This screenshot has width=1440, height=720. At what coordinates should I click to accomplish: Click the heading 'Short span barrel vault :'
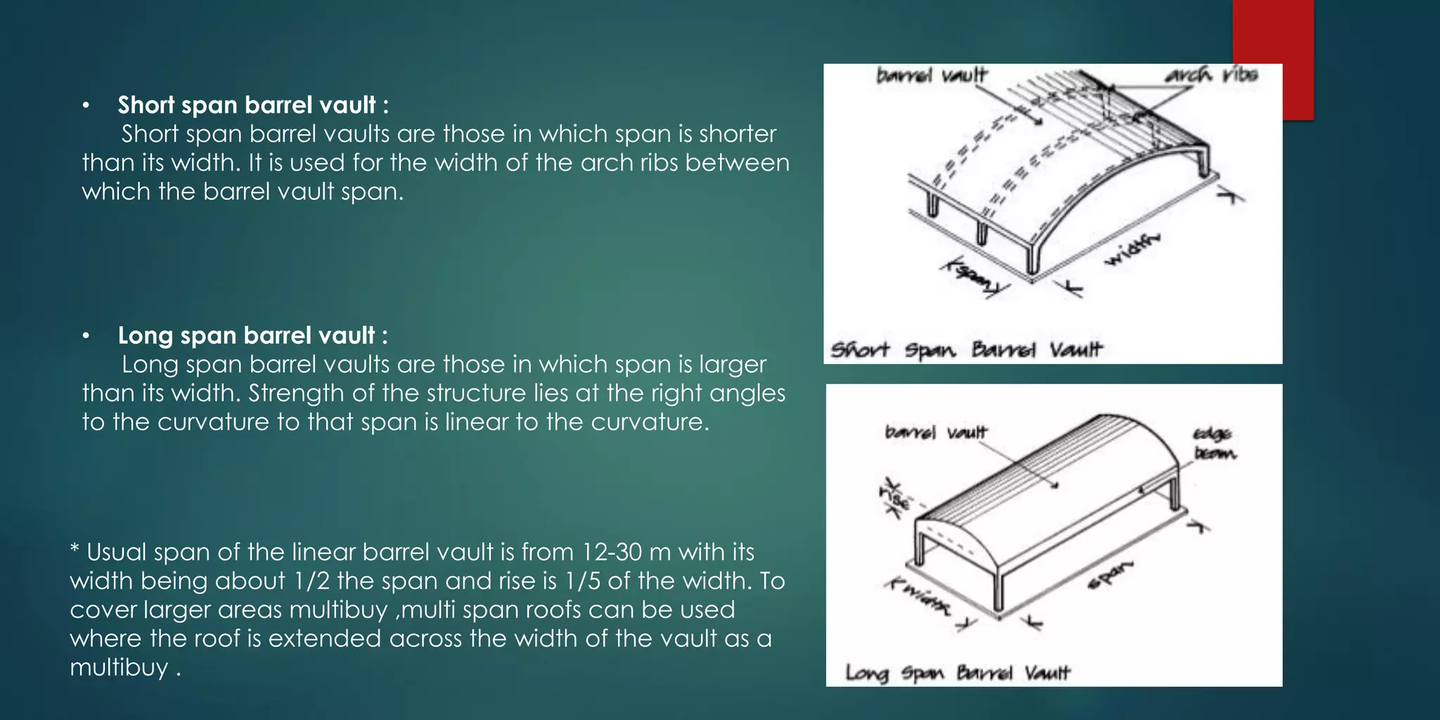pos(252,105)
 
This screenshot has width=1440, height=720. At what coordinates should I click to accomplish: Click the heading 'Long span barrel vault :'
pos(252,335)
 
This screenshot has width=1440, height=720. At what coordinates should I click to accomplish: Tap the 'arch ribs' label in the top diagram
pos(1211,75)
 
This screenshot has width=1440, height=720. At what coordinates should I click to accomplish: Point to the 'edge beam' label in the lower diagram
pos(1214,444)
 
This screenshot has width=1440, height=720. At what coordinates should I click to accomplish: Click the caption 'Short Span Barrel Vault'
pos(967,349)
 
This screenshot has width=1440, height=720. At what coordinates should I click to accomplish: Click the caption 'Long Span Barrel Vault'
pos(957,673)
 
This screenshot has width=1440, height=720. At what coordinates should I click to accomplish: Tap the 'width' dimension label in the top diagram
pos(1131,249)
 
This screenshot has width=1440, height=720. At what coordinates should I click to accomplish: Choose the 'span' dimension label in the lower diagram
pos(1112,575)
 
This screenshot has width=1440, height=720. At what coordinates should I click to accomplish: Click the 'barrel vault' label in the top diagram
pos(932,75)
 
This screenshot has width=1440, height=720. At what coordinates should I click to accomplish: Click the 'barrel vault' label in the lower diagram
pos(936,432)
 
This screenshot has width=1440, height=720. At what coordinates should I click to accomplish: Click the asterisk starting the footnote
pos(75,550)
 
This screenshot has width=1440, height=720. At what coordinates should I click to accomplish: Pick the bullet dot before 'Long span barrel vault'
pos(86,336)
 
